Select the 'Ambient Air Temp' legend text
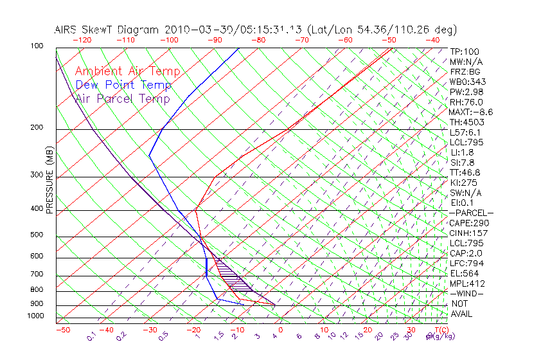pyautogui.click(x=127, y=71)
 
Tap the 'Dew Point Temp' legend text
pyautogui.click(x=123, y=85)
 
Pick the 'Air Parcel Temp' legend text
pyautogui.click(x=122, y=98)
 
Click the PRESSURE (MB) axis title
pyautogui.click(x=49, y=180)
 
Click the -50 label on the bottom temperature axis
pyautogui.click(x=62, y=330)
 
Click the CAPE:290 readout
pyautogui.click(x=470, y=223)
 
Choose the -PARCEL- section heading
pyautogui.click(x=471, y=213)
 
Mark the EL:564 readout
pyautogui.click(x=465, y=273)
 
